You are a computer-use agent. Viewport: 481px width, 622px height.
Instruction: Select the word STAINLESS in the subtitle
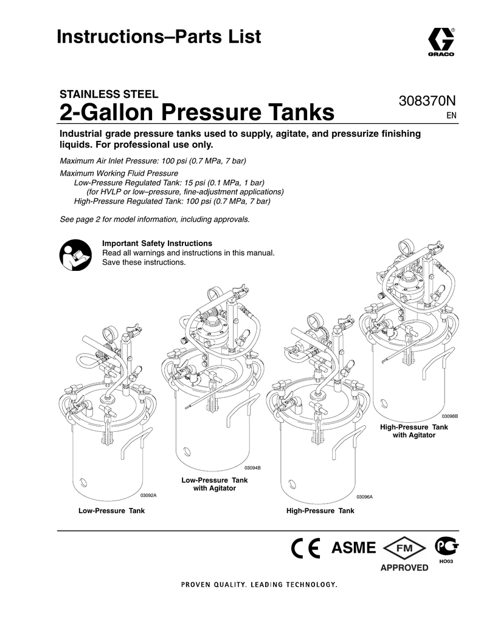pos(83,94)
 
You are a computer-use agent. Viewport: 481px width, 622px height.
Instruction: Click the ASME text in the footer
pos(353,548)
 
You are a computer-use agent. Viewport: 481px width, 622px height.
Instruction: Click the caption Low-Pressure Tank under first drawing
pos(111,511)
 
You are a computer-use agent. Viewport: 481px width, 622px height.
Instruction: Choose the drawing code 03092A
pos(148,496)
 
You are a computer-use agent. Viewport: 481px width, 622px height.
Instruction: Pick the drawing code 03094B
pos(252,467)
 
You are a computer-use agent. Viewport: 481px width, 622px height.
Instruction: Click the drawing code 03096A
pos(364,497)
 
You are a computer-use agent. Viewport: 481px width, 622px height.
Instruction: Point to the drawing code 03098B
pos(449,415)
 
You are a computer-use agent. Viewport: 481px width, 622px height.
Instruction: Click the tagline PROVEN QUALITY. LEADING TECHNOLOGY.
pos(258,585)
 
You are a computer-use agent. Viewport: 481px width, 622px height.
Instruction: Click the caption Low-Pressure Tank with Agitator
pos(215,484)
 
